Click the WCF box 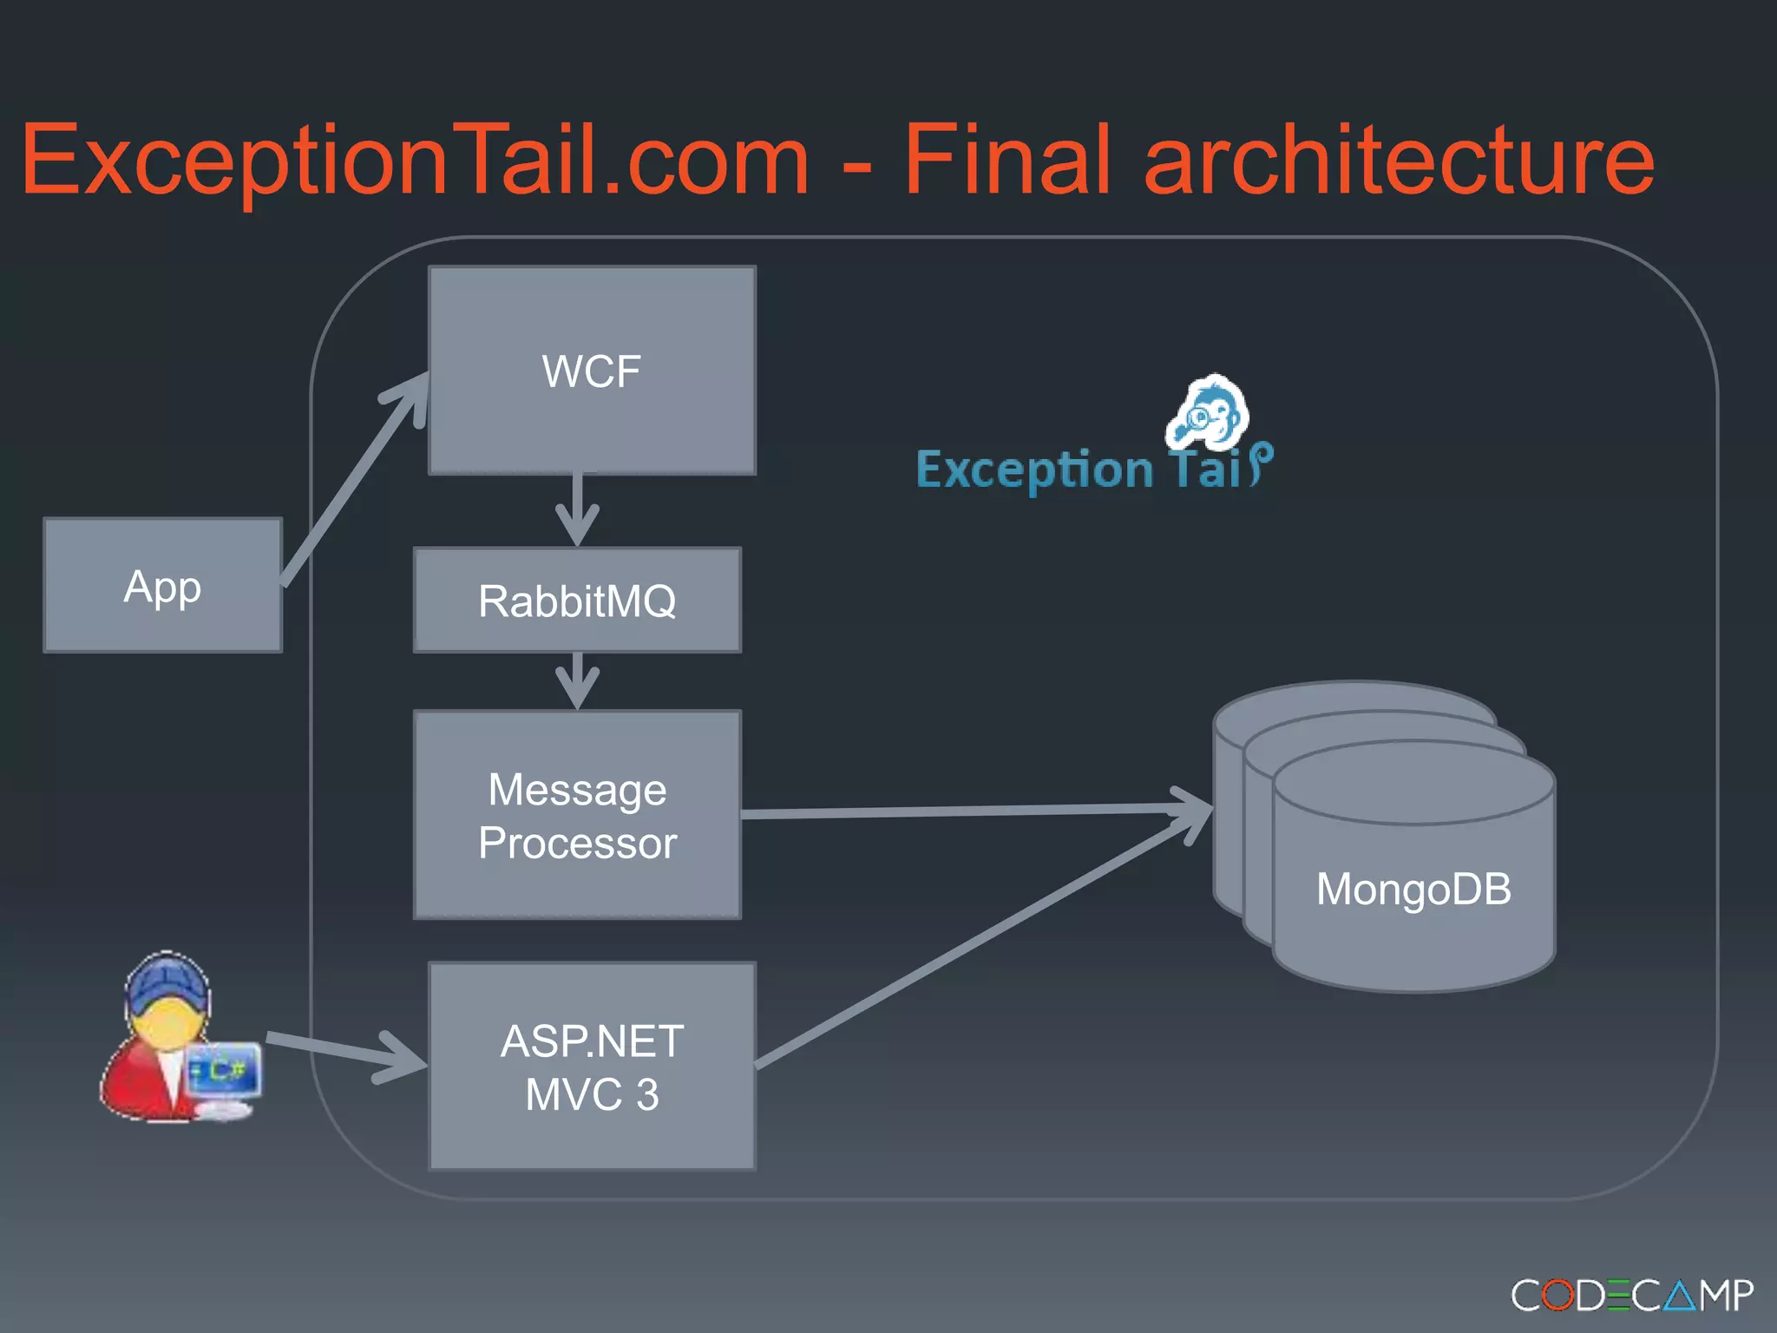click(592, 371)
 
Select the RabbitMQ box click(577, 601)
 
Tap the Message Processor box click(577, 815)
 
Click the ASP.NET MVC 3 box click(592, 1067)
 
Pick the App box click(162, 586)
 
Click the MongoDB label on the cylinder click(1413, 890)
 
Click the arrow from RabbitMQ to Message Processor click(577, 680)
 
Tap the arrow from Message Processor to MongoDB click(972, 811)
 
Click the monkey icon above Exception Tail click(1209, 413)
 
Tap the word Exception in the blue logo click(1034, 470)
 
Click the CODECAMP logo click(1631, 1296)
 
